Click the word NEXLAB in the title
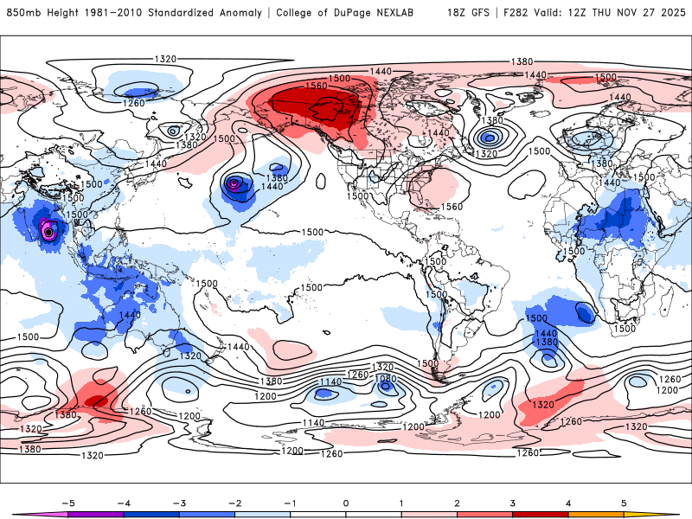[413, 13]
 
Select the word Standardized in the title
[185, 13]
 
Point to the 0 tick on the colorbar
[346, 502]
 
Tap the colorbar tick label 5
[624, 502]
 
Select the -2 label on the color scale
[234, 502]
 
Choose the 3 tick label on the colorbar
[513, 502]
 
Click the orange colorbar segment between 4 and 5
[596, 513]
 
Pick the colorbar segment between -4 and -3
[151, 513]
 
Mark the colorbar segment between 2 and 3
[484, 513]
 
